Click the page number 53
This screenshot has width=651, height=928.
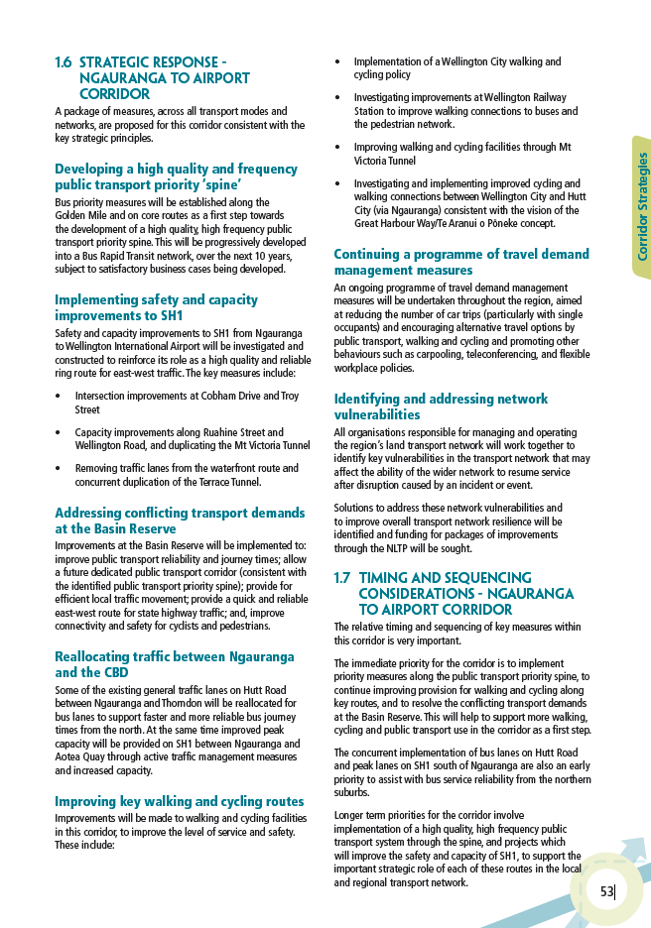[x=606, y=891]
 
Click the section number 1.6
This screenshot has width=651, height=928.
[x=63, y=62]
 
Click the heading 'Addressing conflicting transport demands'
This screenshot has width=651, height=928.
[x=180, y=514]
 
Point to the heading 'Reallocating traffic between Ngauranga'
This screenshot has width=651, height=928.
[x=174, y=657]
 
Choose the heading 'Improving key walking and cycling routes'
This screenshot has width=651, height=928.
[x=179, y=801]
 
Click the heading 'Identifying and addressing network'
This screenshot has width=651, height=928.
[x=441, y=400]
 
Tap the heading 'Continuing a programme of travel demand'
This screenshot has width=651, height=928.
[x=460, y=255]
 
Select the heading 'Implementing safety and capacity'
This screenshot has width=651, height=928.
[x=156, y=299]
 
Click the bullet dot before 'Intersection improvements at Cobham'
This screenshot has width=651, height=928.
[x=61, y=396]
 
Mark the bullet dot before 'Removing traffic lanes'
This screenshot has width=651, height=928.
[x=61, y=469]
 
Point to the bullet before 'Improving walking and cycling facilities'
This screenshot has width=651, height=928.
[x=339, y=148]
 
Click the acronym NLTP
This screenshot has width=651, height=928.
[x=387, y=547]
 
